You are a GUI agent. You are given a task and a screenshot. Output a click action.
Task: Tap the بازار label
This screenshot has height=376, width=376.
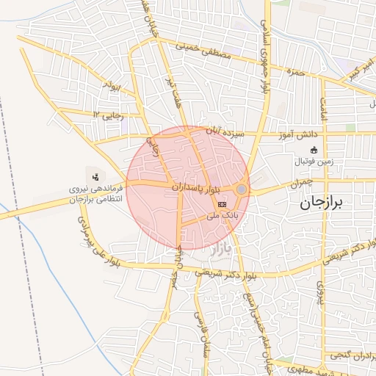pyautogui.click(x=220, y=250)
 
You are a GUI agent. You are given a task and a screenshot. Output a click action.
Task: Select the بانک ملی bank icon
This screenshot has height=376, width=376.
pyautogui.click(x=222, y=202)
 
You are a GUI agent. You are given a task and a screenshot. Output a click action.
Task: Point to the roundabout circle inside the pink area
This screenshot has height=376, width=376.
pyautogui.click(x=241, y=189)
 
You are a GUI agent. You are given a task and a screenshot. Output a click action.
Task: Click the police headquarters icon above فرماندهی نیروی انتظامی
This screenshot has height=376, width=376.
pyautogui.click(x=95, y=176)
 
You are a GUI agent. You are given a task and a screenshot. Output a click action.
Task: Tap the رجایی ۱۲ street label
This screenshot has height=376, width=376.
pyautogui.click(x=105, y=115)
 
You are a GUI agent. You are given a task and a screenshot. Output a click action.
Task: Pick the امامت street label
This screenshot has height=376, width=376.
pyautogui.click(x=322, y=108)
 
